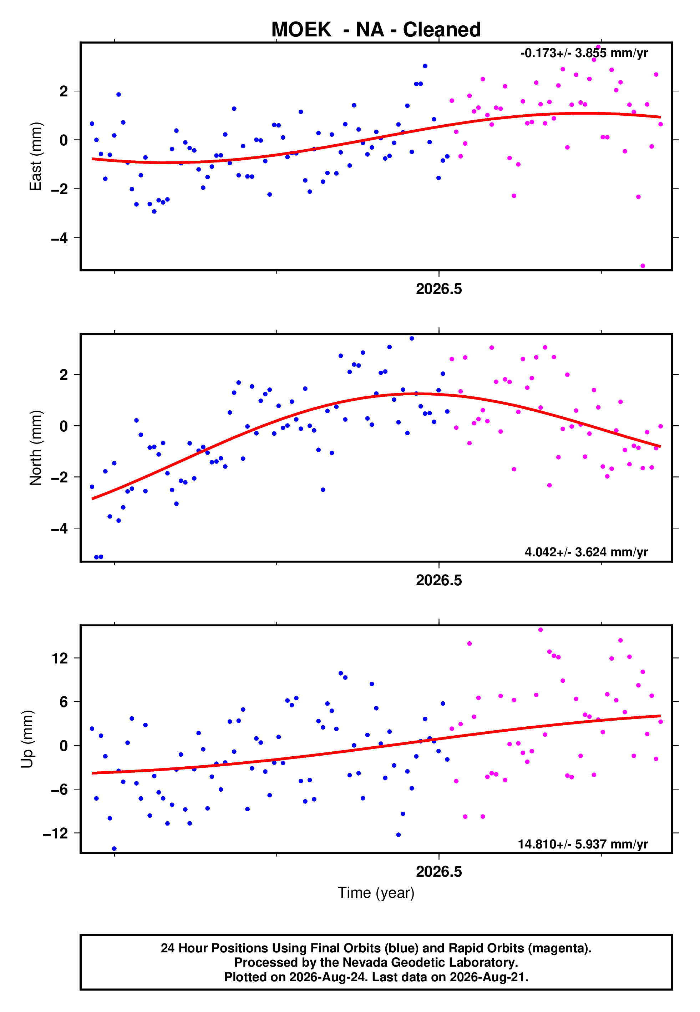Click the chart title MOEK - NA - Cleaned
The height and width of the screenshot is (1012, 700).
point(376,30)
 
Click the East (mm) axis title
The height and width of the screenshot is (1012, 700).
point(36,156)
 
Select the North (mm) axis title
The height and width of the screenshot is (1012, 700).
point(36,448)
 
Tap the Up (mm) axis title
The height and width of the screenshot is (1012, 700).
point(27,739)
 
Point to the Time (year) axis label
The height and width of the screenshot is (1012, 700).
point(376,893)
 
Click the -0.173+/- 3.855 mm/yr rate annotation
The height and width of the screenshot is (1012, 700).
point(584,53)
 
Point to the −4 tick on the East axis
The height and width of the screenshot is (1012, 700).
point(60,238)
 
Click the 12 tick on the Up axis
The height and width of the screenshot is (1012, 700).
point(60,658)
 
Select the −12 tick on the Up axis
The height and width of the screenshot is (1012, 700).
point(55,833)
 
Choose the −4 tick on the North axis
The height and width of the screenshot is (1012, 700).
point(60,528)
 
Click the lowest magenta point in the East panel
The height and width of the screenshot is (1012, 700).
point(643,266)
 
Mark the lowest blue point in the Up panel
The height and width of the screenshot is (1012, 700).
point(114,849)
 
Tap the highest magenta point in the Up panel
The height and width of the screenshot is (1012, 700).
point(541,630)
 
